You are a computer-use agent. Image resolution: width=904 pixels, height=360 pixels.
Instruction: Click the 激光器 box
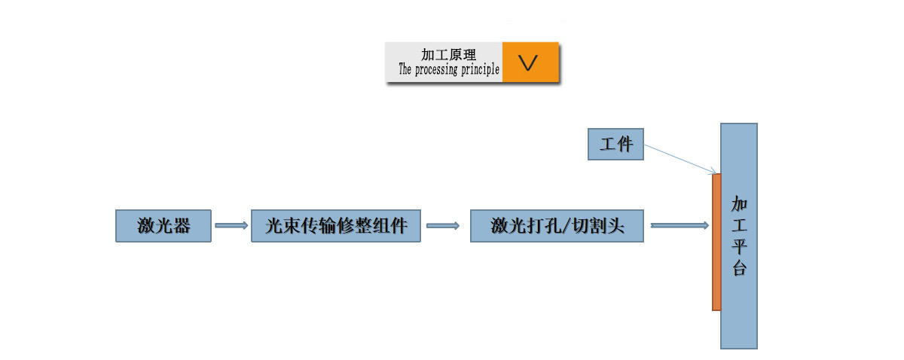pyautogui.click(x=163, y=226)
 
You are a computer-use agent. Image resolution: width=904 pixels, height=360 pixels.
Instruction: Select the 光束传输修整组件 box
pyautogui.click(x=336, y=226)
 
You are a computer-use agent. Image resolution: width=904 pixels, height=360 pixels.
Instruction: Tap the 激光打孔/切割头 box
pyautogui.click(x=557, y=226)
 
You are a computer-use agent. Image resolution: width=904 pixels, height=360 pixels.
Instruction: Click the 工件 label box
pyautogui.click(x=616, y=144)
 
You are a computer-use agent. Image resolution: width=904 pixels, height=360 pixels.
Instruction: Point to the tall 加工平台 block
pyautogui.click(x=739, y=301)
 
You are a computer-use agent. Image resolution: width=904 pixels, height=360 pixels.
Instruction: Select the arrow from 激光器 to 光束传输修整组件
pyautogui.click(x=231, y=225)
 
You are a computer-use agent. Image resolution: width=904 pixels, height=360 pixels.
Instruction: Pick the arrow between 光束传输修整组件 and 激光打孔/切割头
pyautogui.click(x=443, y=225)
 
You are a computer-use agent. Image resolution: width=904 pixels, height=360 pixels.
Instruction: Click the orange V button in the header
pyautogui.click(x=530, y=63)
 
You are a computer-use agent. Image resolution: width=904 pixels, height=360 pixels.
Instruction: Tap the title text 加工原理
pyautogui.click(x=448, y=55)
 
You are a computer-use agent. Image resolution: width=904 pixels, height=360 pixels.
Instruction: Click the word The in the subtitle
pyautogui.click(x=405, y=70)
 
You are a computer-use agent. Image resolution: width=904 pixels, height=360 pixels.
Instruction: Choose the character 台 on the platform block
pyautogui.click(x=739, y=268)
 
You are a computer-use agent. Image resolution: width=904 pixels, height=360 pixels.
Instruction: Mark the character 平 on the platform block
pyautogui.click(x=739, y=247)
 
